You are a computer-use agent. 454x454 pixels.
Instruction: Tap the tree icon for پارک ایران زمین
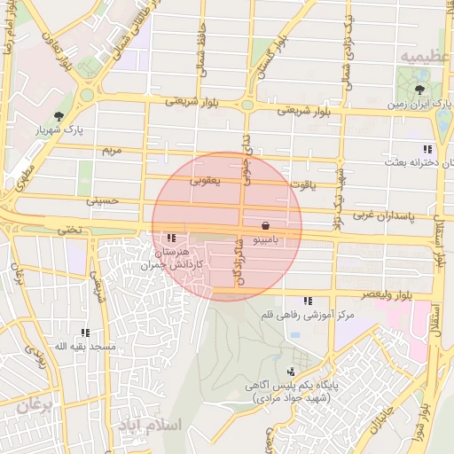[x=419, y=89]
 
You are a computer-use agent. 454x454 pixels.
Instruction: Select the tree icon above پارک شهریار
[x=59, y=116]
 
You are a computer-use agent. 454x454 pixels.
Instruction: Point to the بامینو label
[x=266, y=239]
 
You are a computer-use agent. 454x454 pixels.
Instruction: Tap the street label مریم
[x=110, y=151]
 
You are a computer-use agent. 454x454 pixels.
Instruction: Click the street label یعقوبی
[x=206, y=180]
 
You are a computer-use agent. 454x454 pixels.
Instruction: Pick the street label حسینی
[x=101, y=201]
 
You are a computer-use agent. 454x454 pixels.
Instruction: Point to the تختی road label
[x=68, y=229]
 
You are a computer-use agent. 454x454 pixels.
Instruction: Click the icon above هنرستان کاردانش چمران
[x=170, y=238]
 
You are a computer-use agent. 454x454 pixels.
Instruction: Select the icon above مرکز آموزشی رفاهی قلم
[x=308, y=301]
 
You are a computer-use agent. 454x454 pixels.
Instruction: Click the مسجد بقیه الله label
[x=84, y=346]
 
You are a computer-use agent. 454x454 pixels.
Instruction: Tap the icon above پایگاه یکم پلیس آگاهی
[x=291, y=372]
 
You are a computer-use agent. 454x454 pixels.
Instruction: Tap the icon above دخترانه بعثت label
[x=427, y=149]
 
